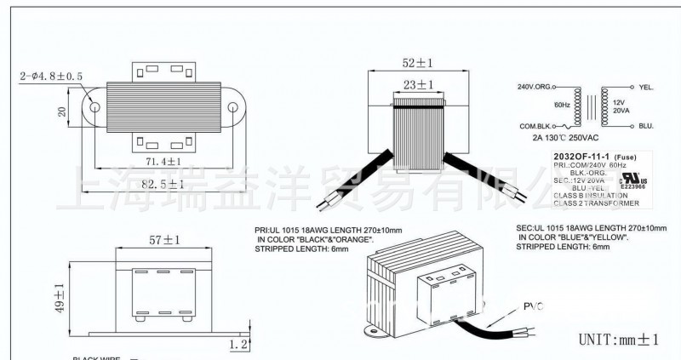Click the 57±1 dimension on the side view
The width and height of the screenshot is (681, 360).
[x=165, y=241]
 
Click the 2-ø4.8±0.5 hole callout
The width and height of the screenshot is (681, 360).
[x=51, y=77]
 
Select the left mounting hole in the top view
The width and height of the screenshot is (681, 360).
[x=95, y=109]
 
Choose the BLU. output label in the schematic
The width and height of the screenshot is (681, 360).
[x=644, y=125]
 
